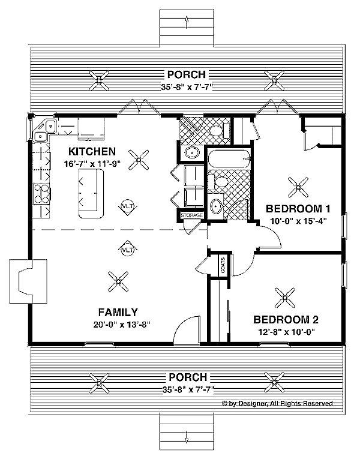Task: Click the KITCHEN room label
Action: pyautogui.click(x=92, y=151)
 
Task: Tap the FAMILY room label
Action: pyautogui.click(x=118, y=312)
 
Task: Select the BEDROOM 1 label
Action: pyautogui.click(x=298, y=209)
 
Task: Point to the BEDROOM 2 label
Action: pyautogui.click(x=286, y=319)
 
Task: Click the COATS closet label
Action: pyautogui.click(x=223, y=265)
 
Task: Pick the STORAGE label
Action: pyautogui.click(x=192, y=215)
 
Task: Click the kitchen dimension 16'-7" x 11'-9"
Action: pyautogui.click(x=92, y=164)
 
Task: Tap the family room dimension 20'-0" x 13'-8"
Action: pyautogui.click(x=122, y=325)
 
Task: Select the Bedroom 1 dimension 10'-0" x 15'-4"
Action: pyautogui.click(x=298, y=221)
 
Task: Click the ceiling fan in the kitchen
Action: pyautogui.click(x=139, y=160)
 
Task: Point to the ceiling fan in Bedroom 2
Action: pyautogui.click(x=285, y=298)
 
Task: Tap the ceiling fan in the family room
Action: pyautogui.click(x=118, y=281)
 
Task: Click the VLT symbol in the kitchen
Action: pyautogui.click(x=128, y=206)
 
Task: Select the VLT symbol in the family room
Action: pyautogui.click(x=128, y=250)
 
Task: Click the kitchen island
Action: pyautogui.click(x=91, y=193)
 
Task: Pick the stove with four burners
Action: pyautogui.click(x=41, y=194)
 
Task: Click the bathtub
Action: pyautogui.click(x=229, y=159)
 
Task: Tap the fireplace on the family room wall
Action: pyautogui.click(x=28, y=281)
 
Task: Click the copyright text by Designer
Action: pyautogui.click(x=277, y=403)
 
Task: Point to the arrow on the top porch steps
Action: pyautogui.click(x=187, y=23)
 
